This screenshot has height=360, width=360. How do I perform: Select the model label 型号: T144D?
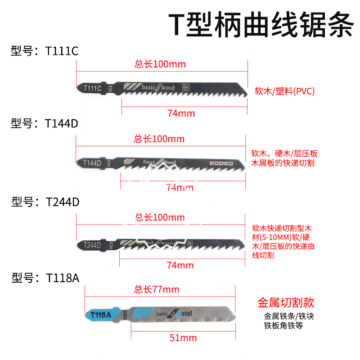[45, 123]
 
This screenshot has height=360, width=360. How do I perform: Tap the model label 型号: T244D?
[45, 202]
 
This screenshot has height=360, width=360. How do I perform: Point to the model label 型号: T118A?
[45, 278]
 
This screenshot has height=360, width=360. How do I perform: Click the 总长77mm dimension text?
[157, 289]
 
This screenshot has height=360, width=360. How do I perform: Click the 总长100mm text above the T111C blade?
[160, 64]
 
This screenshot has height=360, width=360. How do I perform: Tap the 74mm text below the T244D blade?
[180, 265]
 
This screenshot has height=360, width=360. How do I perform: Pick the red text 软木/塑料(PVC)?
[284, 91]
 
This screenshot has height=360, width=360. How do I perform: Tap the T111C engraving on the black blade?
[92, 88]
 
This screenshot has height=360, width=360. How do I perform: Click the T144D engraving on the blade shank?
[92, 163]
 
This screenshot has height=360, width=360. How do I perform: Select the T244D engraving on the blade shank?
[92, 245]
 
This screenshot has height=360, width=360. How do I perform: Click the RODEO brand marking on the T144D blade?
[221, 164]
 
